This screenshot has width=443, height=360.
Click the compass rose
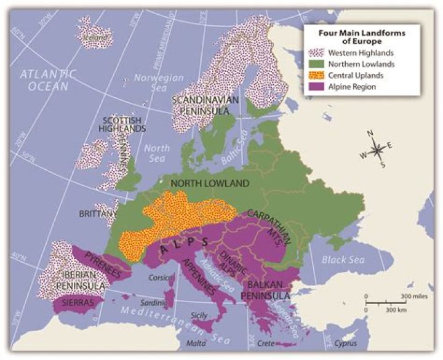click(x=378, y=148)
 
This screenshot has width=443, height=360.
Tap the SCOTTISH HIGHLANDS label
click(x=123, y=124)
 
